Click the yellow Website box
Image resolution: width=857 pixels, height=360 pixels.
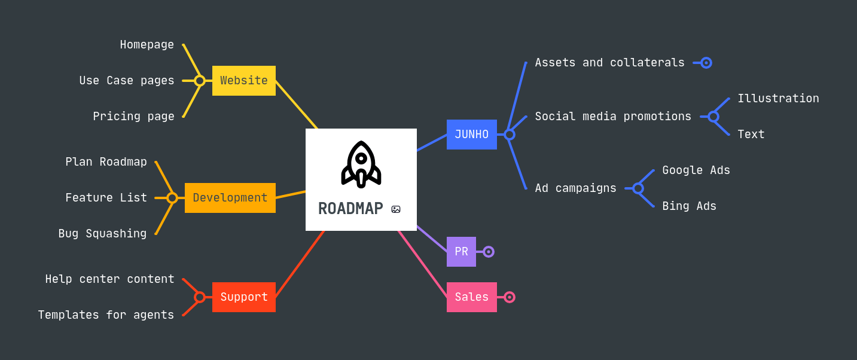click(x=243, y=81)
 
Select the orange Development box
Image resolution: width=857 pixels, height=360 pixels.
click(x=230, y=198)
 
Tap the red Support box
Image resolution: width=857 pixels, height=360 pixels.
click(x=243, y=297)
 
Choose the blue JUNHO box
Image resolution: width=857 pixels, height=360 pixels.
click(x=471, y=135)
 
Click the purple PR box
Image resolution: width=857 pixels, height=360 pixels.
click(x=461, y=252)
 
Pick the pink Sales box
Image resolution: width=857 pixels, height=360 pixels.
click(x=471, y=297)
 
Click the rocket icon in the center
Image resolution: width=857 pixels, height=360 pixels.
click(x=361, y=164)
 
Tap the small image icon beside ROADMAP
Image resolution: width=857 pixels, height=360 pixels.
click(x=396, y=209)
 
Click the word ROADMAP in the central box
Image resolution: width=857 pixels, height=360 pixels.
click(x=350, y=209)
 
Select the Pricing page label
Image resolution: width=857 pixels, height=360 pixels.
click(x=133, y=117)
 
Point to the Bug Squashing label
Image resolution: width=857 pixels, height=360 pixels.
click(x=102, y=234)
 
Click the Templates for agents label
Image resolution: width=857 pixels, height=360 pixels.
click(x=106, y=315)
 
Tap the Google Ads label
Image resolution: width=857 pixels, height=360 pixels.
click(x=696, y=170)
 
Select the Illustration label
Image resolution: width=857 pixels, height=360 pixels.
click(x=778, y=99)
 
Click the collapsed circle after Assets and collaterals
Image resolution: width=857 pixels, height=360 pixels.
click(x=706, y=63)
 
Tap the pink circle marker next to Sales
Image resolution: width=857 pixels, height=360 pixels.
click(x=510, y=297)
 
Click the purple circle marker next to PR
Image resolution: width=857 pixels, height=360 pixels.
click(x=489, y=252)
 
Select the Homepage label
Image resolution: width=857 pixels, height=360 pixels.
click(x=147, y=45)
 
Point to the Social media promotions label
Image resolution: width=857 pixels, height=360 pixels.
click(x=613, y=117)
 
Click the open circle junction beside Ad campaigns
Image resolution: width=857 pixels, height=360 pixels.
click(x=638, y=188)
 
